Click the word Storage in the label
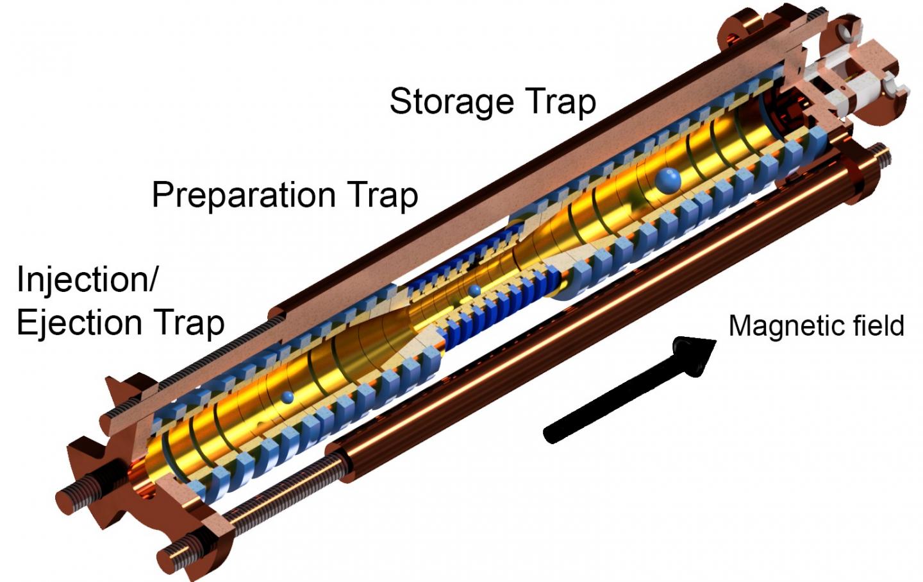pyautogui.click(x=452, y=102)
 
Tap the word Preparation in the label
pyautogui.click(x=244, y=194)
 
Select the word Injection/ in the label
pyautogui.click(x=87, y=279)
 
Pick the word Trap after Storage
pyautogui.click(x=560, y=102)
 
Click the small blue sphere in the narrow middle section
pyautogui.click(x=474, y=291)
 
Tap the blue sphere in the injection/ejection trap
pyautogui.click(x=288, y=397)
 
